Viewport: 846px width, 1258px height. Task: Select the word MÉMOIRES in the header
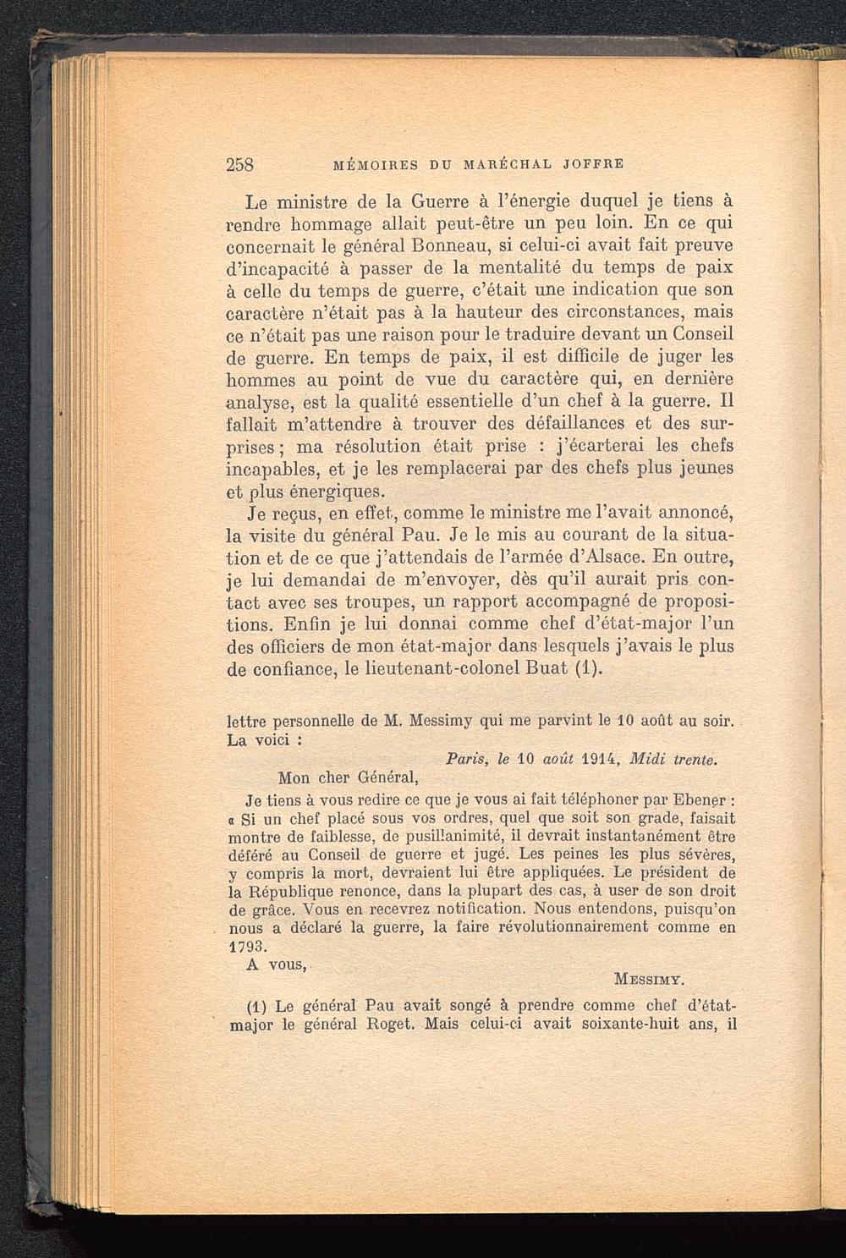(371, 164)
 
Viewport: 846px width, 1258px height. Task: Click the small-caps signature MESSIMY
(649, 981)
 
